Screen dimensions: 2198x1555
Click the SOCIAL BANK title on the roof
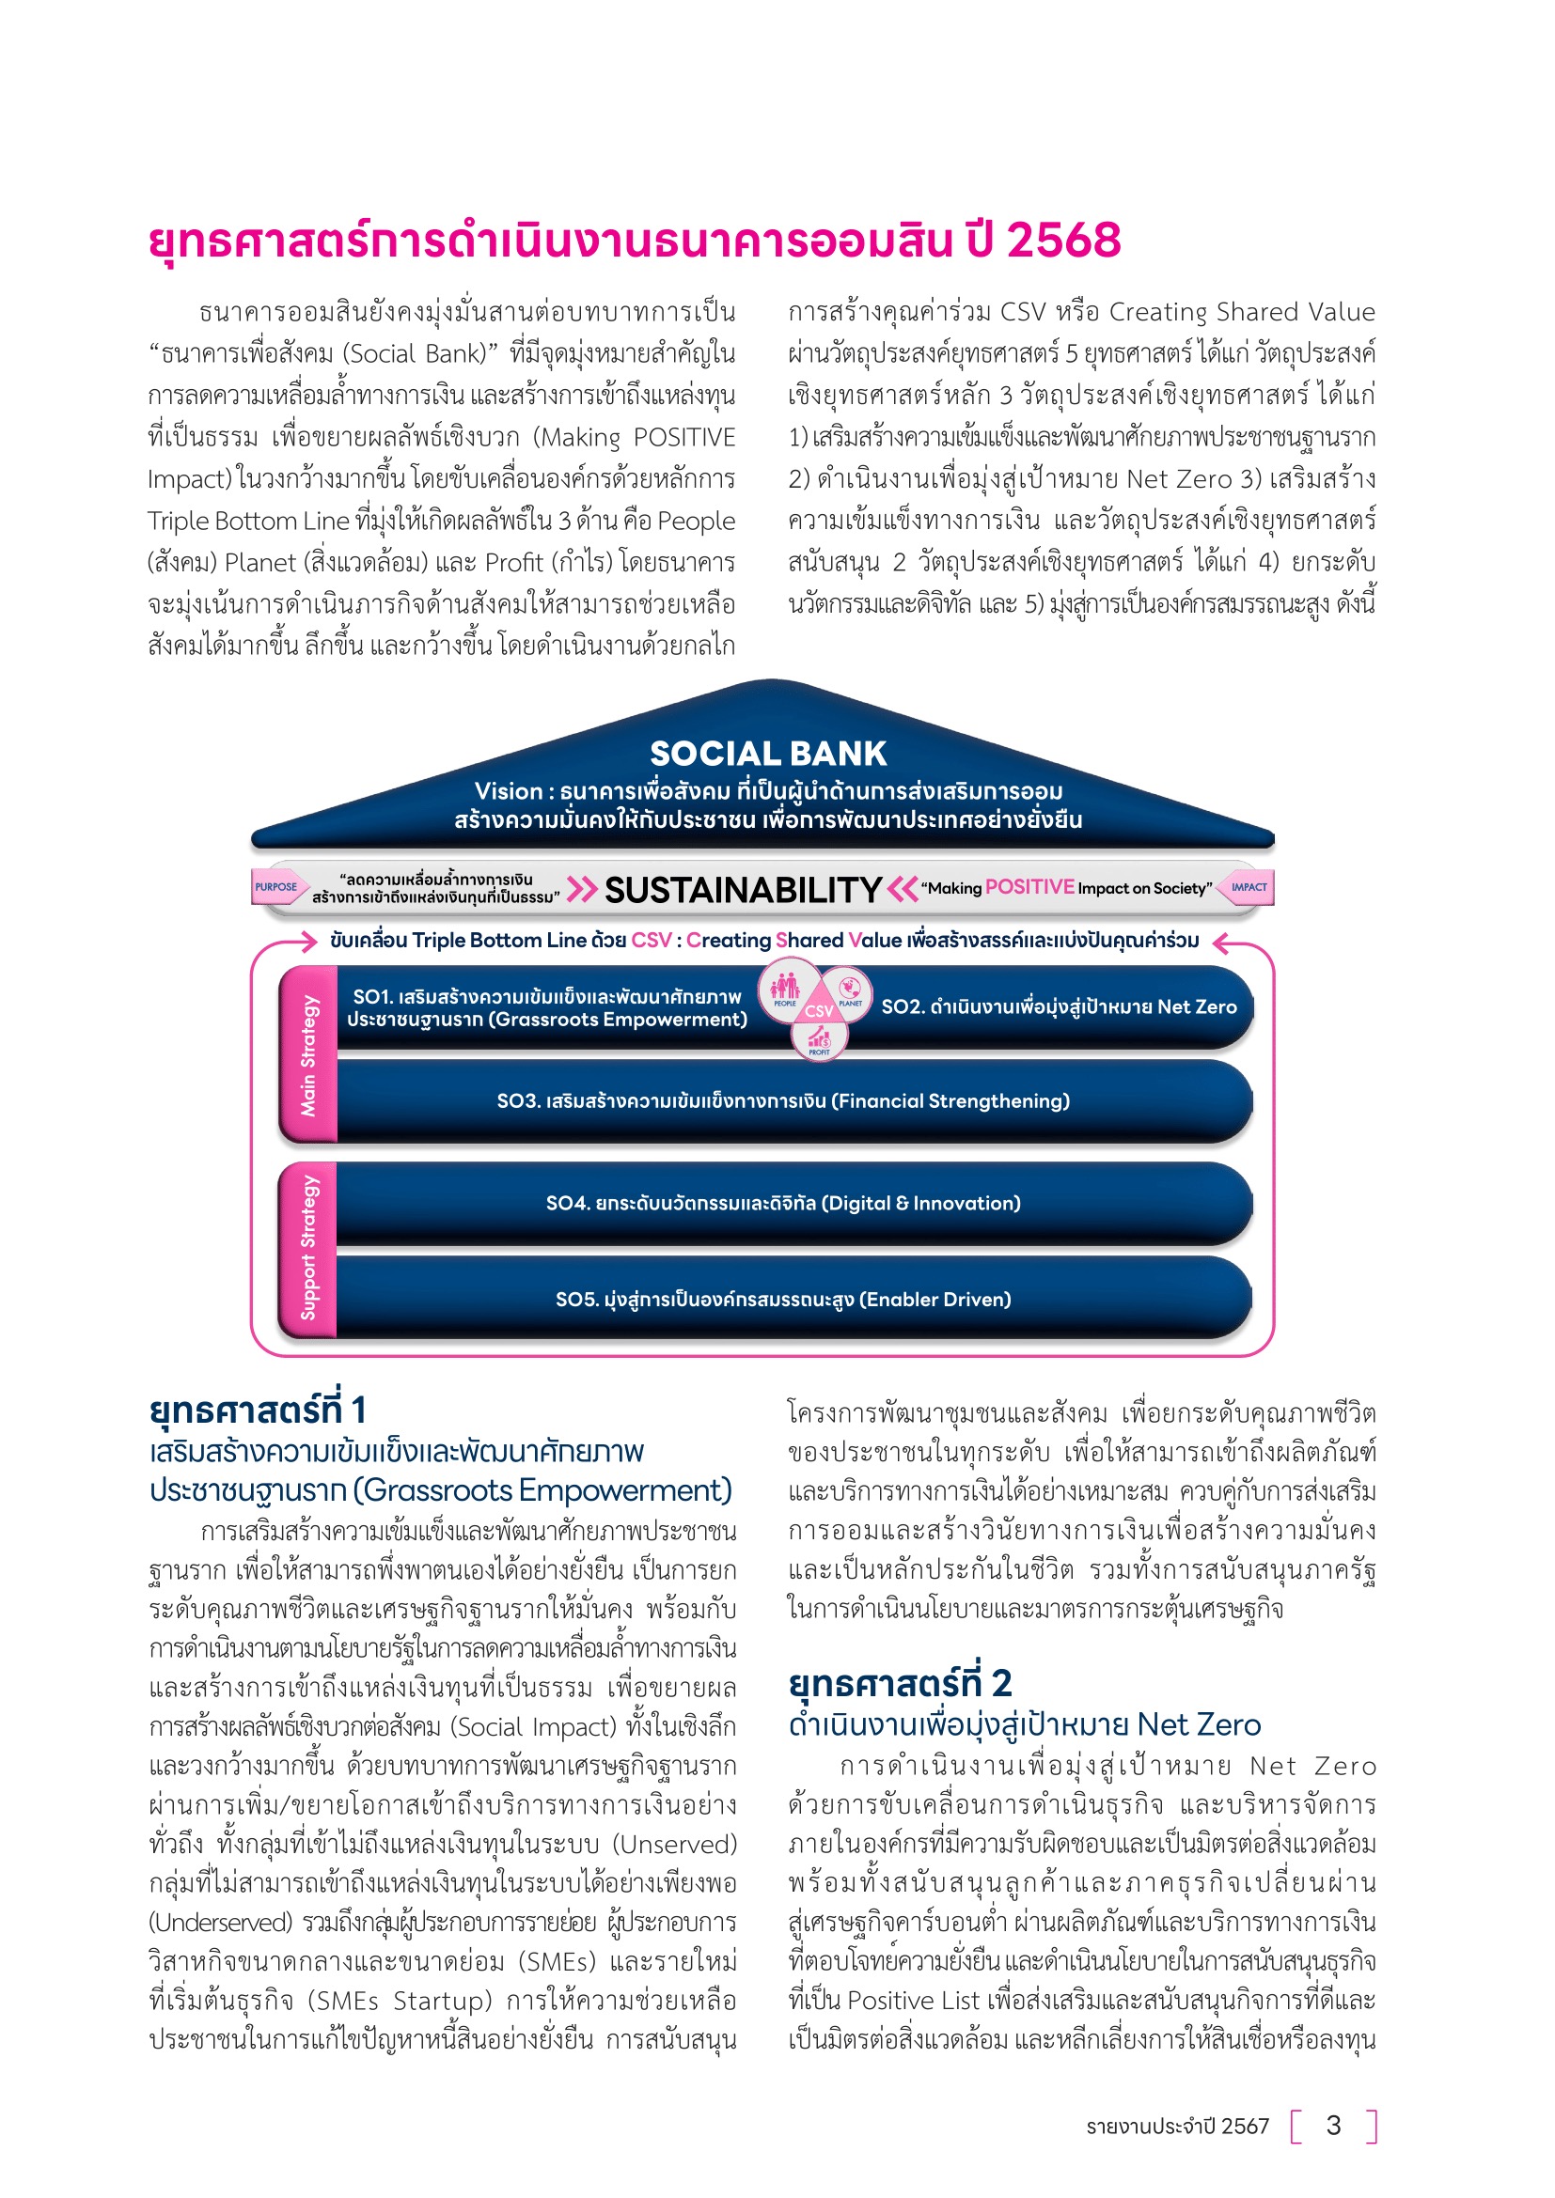(x=768, y=754)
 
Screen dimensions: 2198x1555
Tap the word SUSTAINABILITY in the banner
(x=743, y=890)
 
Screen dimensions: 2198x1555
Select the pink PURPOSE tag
(x=275, y=886)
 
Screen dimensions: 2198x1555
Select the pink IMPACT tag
(x=1249, y=886)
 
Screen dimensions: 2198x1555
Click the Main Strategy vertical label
(x=308, y=1055)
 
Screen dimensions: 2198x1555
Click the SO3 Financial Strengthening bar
(x=783, y=1101)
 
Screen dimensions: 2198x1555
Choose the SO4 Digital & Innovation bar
(x=783, y=1204)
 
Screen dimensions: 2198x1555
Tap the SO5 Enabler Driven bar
(x=783, y=1299)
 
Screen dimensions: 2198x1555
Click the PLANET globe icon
(x=849, y=987)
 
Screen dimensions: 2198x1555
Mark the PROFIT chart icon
(x=820, y=1037)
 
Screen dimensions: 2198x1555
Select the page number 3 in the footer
(x=1333, y=2126)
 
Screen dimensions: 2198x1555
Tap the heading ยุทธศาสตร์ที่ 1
(x=258, y=1411)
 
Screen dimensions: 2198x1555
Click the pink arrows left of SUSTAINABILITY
(x=581, y=889)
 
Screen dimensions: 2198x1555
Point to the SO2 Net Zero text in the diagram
(x=1059, y=1006)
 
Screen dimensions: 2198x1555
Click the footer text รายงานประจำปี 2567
(x=1177, y=2127)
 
